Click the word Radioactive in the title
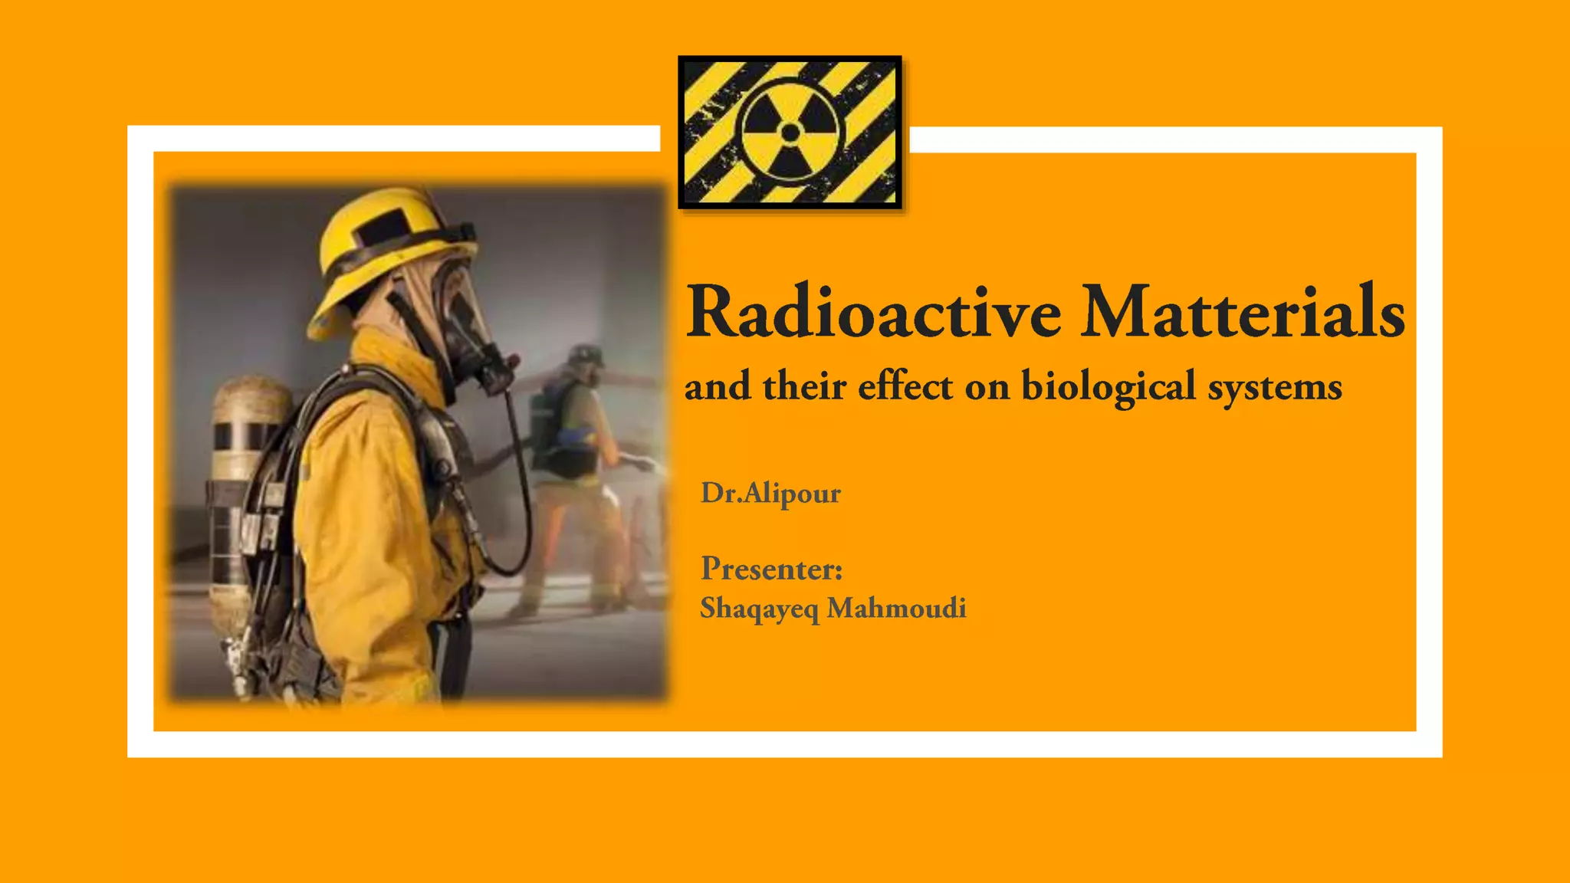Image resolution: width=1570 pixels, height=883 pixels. [874, 313]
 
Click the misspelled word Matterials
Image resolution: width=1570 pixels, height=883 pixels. [1242, 313]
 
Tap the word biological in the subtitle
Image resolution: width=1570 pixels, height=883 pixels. [1109, 386]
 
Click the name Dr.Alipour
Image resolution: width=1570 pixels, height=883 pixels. [770, 493]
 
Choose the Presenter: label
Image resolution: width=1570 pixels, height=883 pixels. [771, 569]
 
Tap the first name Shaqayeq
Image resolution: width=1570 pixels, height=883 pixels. [759, 609]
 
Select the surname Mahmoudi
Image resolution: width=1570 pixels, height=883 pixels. [896, 608]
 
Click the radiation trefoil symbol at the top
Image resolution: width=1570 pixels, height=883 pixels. [790, 133]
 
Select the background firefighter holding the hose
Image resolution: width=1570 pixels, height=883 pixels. [579, 460]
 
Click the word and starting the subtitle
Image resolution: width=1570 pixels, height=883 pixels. [718, 386]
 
